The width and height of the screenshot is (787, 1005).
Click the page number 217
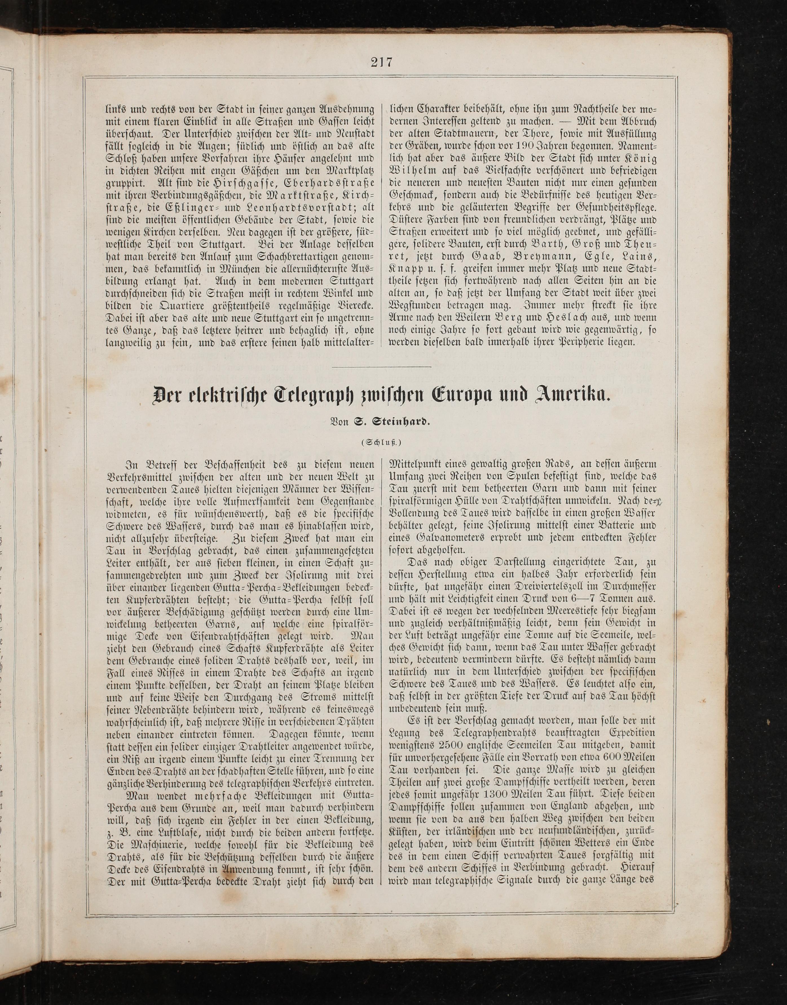click(x=380, y=61)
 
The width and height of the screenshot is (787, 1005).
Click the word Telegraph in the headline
click(x=314, y=395)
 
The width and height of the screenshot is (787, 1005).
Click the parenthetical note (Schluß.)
click(x=381, y=443)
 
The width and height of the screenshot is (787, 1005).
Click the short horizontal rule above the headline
click(x=381, y=367)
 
